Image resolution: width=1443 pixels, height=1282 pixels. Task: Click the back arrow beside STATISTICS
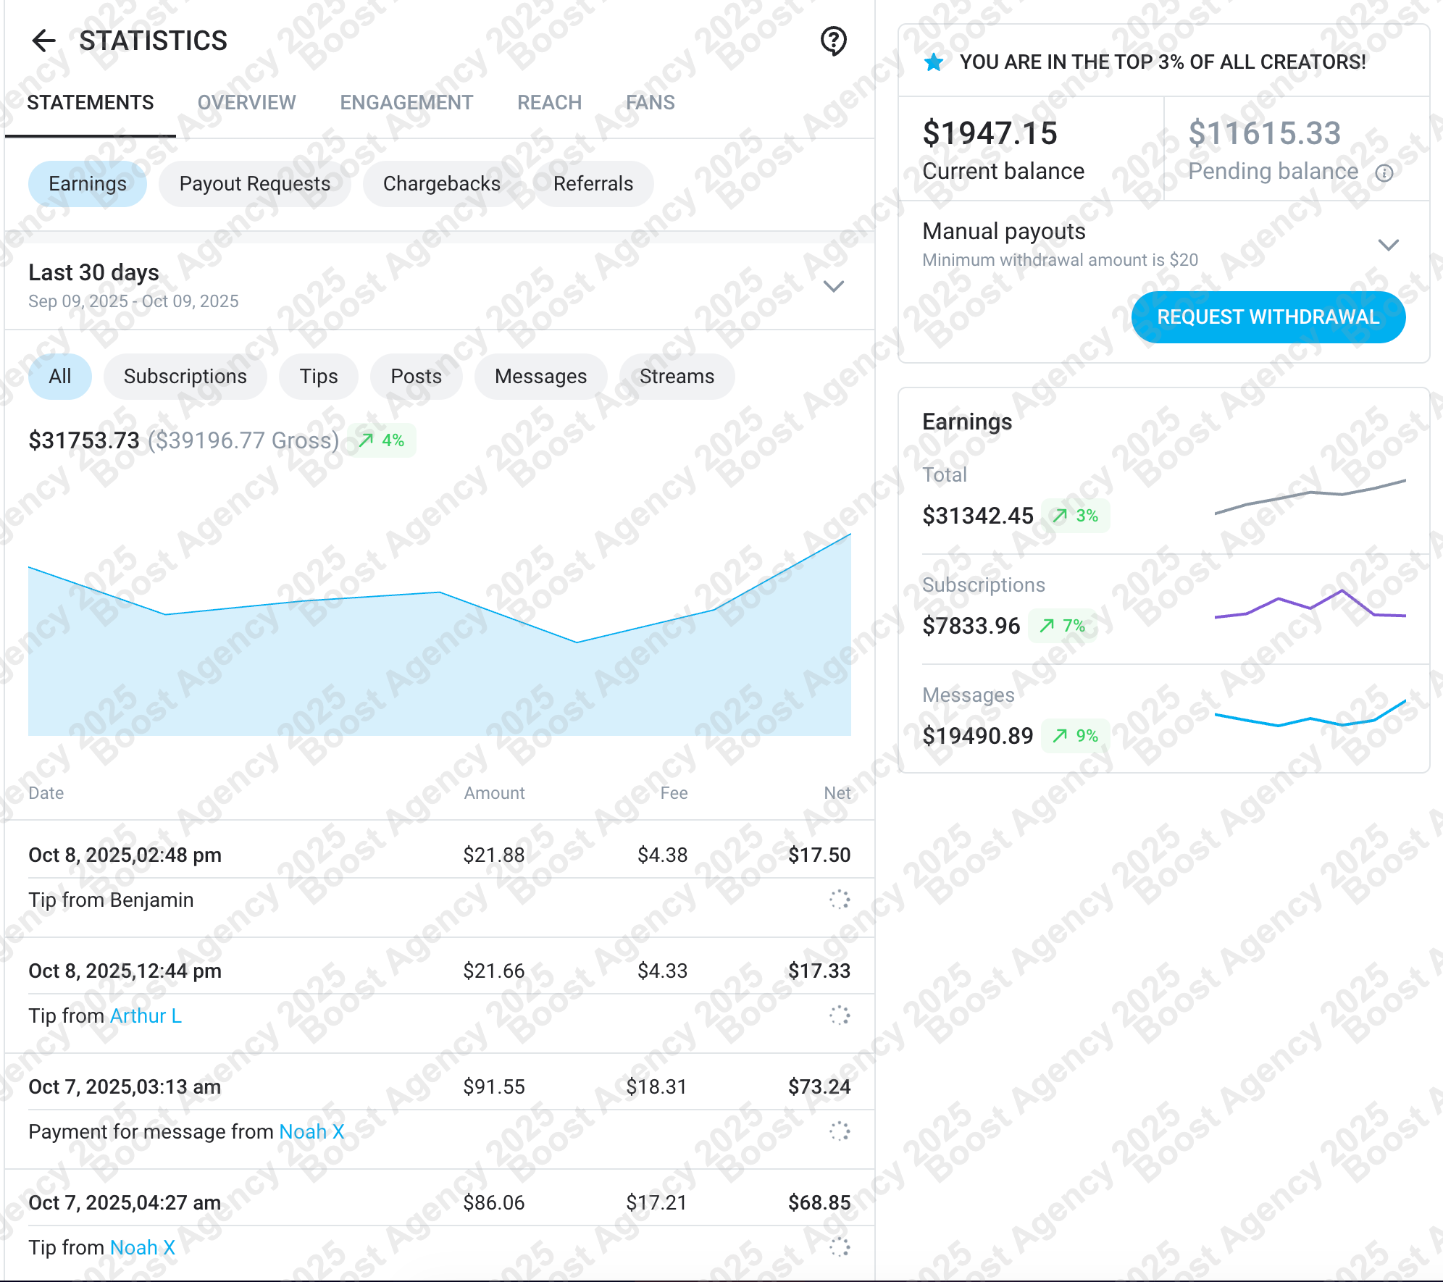tap(44, 41)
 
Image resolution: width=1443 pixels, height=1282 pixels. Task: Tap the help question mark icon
tap(834, 41)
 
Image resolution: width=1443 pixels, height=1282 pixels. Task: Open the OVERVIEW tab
tap(246, 103)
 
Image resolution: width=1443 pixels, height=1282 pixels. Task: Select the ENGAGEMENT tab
tap(406, 103)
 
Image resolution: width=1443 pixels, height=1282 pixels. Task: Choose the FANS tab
tap(650, 103)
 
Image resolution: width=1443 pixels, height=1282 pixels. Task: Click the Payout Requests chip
tap(255, 184)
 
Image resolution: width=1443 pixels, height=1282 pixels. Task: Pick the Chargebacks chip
tap(441, 184)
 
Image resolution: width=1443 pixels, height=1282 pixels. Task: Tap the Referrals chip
tap(593, 184)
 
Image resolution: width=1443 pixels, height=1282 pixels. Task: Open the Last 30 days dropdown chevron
tap(834, 286)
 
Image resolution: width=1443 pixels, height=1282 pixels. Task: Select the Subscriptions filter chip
tap(185, 377)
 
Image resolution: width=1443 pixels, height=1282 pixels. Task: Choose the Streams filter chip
tap(677, 377)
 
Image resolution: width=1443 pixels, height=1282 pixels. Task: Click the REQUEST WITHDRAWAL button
tap(1268, 317)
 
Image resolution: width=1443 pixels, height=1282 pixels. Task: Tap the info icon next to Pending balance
tap(1384, 173)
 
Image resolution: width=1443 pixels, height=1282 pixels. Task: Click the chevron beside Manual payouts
tap(1388, 245)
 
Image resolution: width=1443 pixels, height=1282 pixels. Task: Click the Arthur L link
tap(146, 1015)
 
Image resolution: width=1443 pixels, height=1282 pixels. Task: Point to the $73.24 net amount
tap(819, 1086)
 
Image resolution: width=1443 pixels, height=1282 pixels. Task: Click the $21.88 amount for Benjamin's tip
tap(494, 855)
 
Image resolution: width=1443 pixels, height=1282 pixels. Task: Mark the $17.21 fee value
tap(656, 1202)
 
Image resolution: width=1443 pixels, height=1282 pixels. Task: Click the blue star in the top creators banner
tap(934, 62)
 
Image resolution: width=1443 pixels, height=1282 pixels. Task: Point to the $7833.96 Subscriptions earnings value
tap(971, 626)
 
